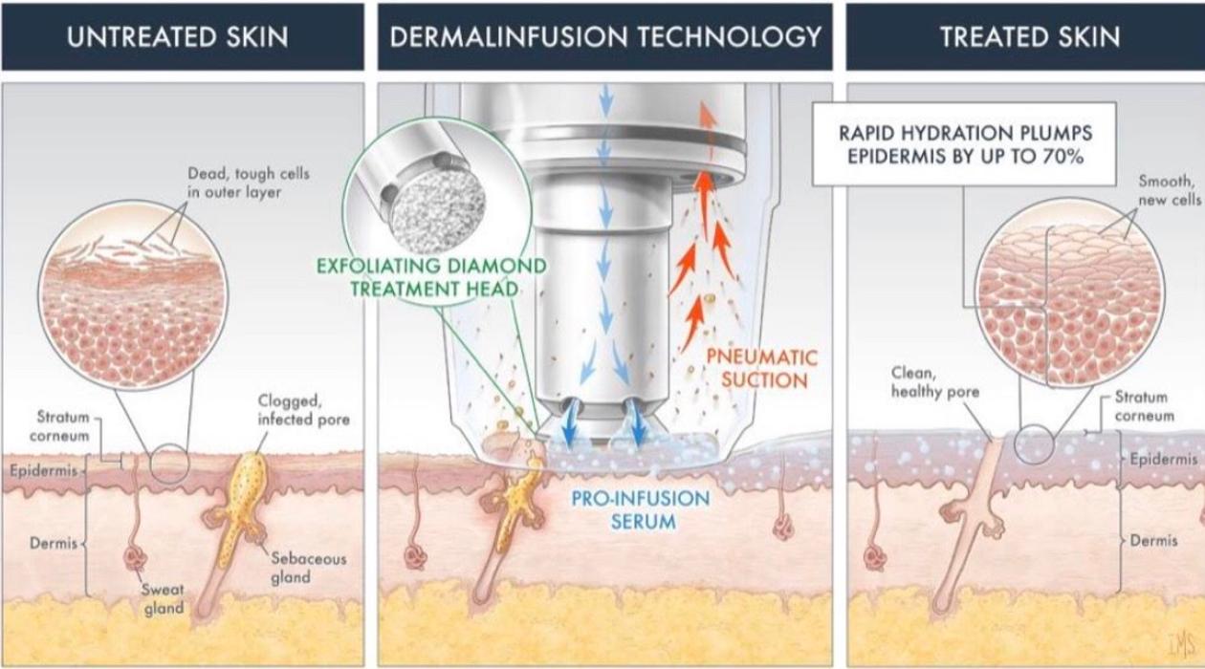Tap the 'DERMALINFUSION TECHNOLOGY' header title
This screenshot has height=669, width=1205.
pyautogui.click(x=604, y=37)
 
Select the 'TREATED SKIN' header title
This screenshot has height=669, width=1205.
pyautogui.click(x=1029, y=37)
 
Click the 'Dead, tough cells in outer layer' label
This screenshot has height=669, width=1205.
pyautogui.click(x=249, y=183)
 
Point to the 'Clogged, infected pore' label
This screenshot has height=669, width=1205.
pyautogui.click(x=303, y=411)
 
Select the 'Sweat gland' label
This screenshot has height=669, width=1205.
pyautogui.click(x=164, y=599)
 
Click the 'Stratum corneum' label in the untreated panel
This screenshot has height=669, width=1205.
pyautogui.click(x=62, y=426)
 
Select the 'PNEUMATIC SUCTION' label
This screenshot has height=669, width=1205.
pyautogui.click(x=761, y=369)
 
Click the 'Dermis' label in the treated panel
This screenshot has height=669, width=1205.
pyautogui.click(x=1153, y=541)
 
